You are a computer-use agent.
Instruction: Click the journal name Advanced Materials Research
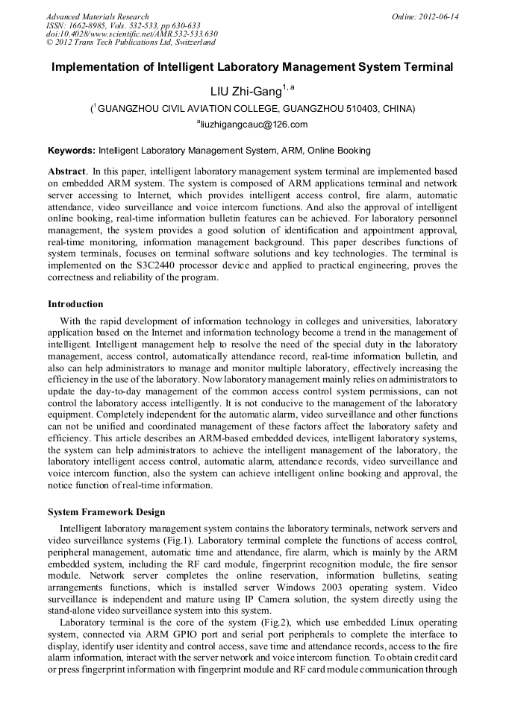coord(97,16)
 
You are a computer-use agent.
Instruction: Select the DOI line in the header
coord(131,34)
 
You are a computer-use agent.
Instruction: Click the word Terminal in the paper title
coord(428,67)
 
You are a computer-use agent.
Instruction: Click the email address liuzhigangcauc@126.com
coord(254,125)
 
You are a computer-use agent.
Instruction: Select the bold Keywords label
coord(71,149)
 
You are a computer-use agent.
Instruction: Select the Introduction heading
coord(75,304)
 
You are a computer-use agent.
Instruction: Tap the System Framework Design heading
coord(106,512)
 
